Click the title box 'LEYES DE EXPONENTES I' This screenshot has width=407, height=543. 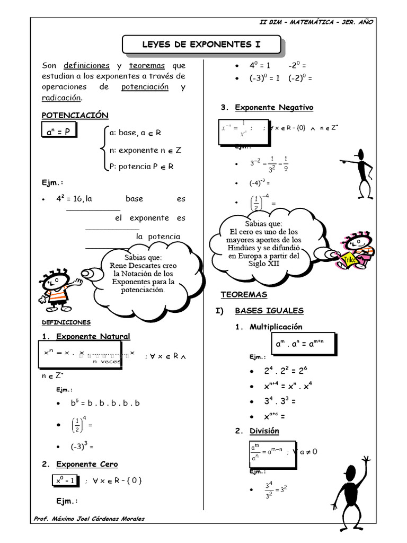201,45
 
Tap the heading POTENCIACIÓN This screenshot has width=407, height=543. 75,115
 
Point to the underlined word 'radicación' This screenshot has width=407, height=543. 61,98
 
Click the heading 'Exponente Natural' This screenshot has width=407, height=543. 93,336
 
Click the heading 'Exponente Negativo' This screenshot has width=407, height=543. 274,108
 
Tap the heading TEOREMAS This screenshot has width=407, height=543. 244,294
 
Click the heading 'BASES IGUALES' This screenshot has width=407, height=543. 269,310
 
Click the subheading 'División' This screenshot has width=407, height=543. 264,431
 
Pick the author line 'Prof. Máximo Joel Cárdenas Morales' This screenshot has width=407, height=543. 89,519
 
